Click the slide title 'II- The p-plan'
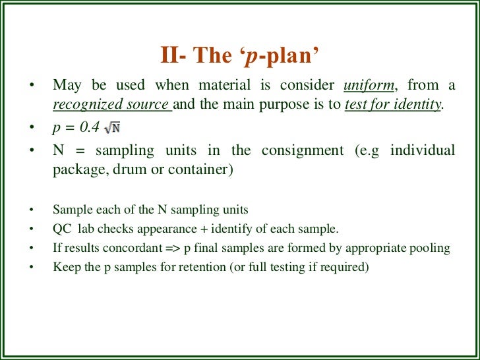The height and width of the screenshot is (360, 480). pyautogui.click(x=241, y=55)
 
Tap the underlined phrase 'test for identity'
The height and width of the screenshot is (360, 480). pyautogui.click(x=393, y=104)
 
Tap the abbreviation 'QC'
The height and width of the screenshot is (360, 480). pyautogui.click(x=61, y=229)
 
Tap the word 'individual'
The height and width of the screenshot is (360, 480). pyautogui.click(x=422, y=150)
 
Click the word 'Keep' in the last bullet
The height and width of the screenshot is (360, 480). pyautogui.click(x=64, y=267)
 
